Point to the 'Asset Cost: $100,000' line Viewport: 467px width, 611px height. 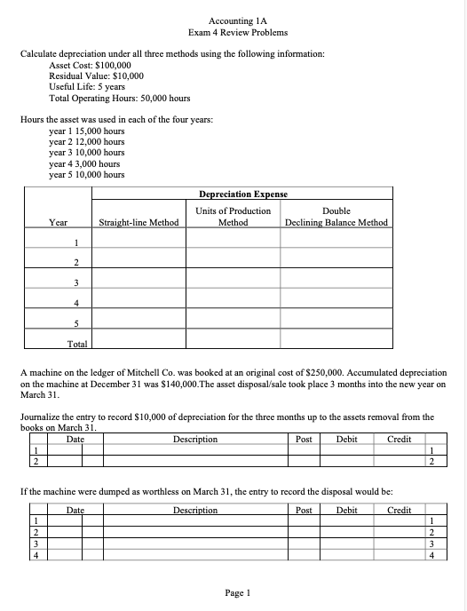pyautogui.click(x=91, y=66)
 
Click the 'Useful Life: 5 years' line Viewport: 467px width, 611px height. pyautogui.click(x=87, y=87)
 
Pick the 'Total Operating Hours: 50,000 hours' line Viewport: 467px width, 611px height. pyautogui.click(x=119, y=98)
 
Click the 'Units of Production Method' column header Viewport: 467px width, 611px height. pyautogui.click(x=233, y=217)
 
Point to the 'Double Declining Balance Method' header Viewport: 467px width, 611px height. pyautogui.click(x=336, y=217)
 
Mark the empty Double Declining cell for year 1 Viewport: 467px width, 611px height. pyautogui.click(x=336, y=242)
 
